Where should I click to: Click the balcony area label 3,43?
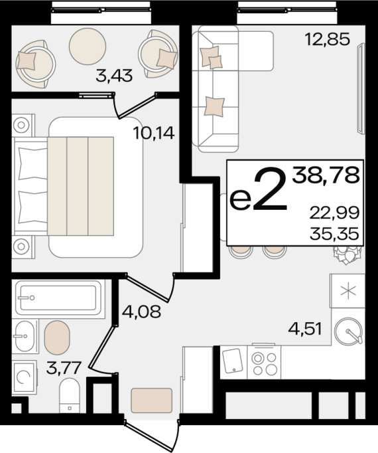(x=114, y=76)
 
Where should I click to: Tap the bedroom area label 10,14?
(x=154, y=134)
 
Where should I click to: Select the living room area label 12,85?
(x=327, y=39)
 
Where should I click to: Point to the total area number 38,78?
(x=326, y=175)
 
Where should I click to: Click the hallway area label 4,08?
(x=141, y=312)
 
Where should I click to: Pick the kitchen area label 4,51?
(x=305, y=329)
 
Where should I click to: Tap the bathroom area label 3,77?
(x=63, y=368)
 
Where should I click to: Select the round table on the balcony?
(x=88, y=46)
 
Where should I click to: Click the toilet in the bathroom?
(x=69, y=396)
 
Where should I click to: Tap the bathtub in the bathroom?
(x=58, y=298)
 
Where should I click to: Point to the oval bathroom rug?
(x=57, y=337)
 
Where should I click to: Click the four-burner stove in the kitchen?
(x=264, y=362)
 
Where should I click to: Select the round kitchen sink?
(x=348, y=331)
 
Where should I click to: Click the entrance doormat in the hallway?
(x=152, y=401)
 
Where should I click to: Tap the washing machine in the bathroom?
(x=25, y=377)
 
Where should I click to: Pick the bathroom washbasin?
(x=25, y=336)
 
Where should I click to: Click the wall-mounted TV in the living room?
(x=361, y=88)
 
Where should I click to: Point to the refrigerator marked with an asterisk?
(x=347, y=291)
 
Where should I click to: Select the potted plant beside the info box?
(x=347, y=254)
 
